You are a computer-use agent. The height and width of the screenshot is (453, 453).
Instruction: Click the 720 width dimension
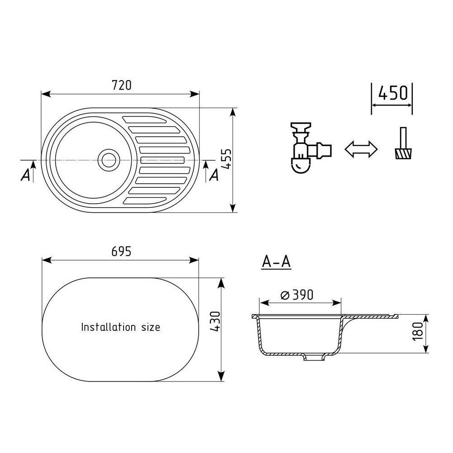[121, 85]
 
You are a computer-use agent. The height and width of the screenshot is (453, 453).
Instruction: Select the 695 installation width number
[121, 252]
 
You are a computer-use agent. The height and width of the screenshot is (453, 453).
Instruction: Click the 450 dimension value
[393, 93]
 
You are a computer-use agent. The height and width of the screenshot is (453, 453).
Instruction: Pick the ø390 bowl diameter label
[297, 295]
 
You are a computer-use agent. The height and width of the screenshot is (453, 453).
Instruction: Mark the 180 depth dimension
[418, 331]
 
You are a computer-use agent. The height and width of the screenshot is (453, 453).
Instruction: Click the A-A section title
[276, 262]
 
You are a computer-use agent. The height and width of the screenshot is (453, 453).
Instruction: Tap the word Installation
[108, 327]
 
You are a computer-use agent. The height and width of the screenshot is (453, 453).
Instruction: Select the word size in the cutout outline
[151, 327]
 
